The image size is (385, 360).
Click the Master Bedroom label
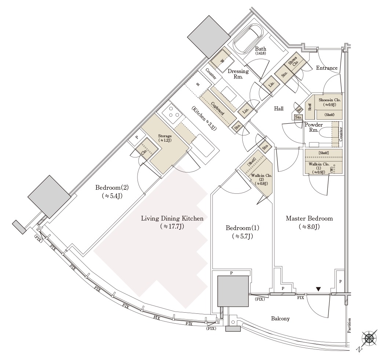coord(309,219)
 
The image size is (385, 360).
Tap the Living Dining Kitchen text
coord(172,219)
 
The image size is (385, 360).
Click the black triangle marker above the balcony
coord(318,289)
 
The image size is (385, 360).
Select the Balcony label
coord(280,319)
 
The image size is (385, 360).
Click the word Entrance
coord(327,68)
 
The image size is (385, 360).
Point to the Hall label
coord(279,109)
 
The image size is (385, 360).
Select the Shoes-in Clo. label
coord(330,100)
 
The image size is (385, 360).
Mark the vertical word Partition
coord(349,326)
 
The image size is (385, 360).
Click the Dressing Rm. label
coord(238,74)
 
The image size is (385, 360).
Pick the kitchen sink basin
coord(202,147)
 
